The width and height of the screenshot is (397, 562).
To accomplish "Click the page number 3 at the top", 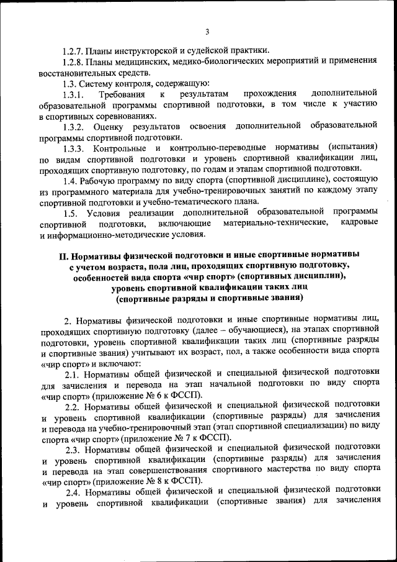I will pyautogui.click(x=207, y=32).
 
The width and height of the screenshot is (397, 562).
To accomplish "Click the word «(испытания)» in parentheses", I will pyautogui.click(x=352, y=148).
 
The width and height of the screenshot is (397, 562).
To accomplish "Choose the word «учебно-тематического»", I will pyautogui.click(x=200, y=202).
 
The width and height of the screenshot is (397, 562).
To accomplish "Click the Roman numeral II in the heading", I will pyautogui.click(x=62, y=255).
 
